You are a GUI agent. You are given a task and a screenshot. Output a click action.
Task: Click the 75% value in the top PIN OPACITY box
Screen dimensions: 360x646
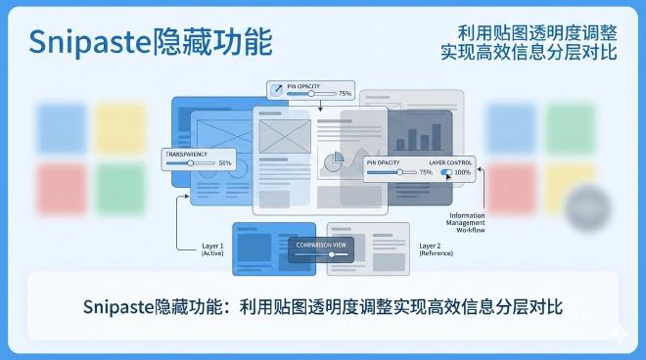pyautogui.click(x=345, y=94)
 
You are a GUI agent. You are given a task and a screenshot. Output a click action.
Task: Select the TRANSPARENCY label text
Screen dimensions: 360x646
pyautogui.click(x=187, y=155)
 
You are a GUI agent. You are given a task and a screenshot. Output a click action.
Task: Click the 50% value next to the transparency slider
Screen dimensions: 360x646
pyautogui.click(x=225, y=163)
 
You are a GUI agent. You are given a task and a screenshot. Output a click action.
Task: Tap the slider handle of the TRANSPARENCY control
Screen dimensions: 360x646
pyautogui.click(x=190, y=163)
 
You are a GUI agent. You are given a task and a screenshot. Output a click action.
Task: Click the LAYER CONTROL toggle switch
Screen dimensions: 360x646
pyautogui.click(x=446, y=172)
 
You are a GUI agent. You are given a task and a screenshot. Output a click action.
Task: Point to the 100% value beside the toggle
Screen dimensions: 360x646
pyautogui.click(x=463, y=172)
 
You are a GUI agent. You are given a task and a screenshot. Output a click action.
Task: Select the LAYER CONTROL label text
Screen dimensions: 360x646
pyautogui.click(x=449, y=161)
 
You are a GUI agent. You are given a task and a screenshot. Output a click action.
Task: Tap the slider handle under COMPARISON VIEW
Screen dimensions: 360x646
pyautogui.click(x=331, y=254)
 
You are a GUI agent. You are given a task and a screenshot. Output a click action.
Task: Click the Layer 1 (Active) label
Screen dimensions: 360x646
pyautogui.click(x=212, y=249)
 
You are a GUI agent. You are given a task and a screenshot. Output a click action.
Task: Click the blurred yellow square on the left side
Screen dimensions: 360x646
pyautogui.click(x=120, y=128)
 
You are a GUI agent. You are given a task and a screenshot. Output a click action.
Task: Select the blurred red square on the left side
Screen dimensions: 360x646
pyautogui.click(x=61, y=189)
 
